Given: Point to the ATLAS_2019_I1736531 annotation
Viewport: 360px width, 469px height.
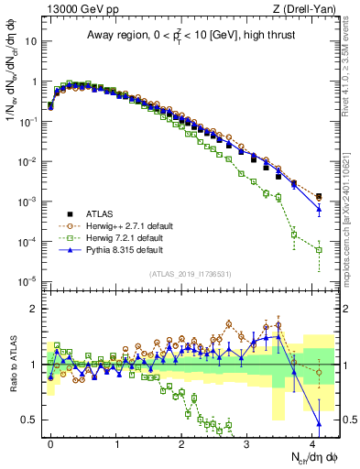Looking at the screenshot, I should tap(183, 275).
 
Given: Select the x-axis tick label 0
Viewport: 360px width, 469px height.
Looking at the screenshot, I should tap(50, 442).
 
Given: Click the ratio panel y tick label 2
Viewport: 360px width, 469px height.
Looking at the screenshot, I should tap(34, 309).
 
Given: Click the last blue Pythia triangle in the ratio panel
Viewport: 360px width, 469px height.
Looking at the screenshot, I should tap(319, 423).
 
